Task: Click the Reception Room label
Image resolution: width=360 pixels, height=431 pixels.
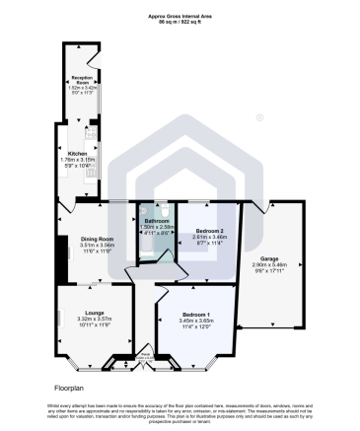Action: (x=81, y=78)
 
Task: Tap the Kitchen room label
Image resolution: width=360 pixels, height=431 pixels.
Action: (x=77, y=153)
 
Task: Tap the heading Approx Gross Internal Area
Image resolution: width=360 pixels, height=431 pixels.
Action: (x=180, y=15)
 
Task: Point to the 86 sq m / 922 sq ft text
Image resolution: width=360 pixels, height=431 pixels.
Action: (x=180, y=22)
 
